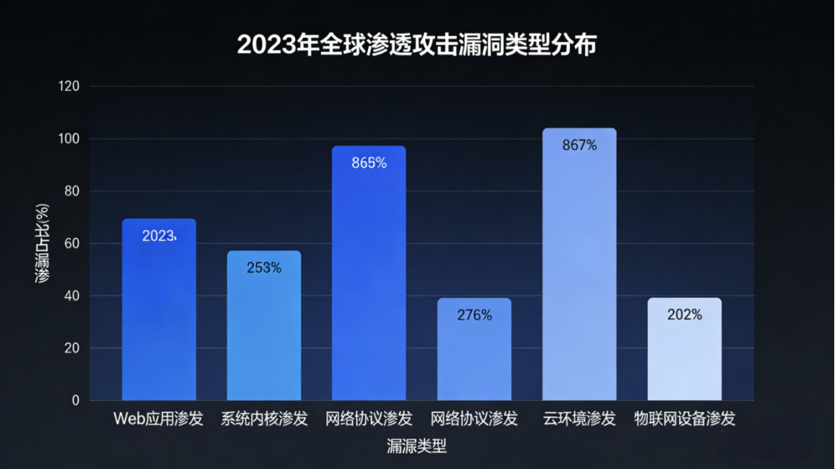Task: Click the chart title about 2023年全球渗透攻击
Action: coord(417,45)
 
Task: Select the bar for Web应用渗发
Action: coord(159,311)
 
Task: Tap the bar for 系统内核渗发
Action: coord(264,326)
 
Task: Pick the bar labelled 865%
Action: coord(369,273)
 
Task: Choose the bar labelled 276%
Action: coord(475,349)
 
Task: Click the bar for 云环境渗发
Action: coord(580,265)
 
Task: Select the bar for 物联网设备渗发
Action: coord(684,349)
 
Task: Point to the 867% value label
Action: coord(580,145)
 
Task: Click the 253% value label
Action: coord(264,267)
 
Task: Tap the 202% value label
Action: coord(684,314)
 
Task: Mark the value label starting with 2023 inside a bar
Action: coord(159,236)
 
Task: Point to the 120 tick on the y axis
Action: coord(69,86)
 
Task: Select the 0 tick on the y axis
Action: coord(76,400)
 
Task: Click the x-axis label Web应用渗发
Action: coord(159,419)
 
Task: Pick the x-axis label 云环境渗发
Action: coord(580,419)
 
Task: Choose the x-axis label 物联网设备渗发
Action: coord(684,419)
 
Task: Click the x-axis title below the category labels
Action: coord(417,446)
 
